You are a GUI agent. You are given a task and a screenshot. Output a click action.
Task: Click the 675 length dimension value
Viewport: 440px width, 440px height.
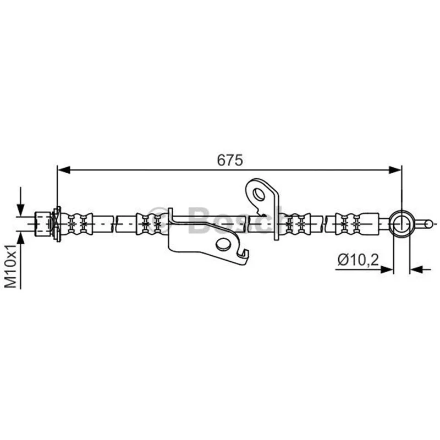point(229,160)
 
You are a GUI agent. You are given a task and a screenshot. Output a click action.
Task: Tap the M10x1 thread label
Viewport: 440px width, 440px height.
point(12,266)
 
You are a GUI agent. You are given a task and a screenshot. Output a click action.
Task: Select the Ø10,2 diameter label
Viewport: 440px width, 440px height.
point(358,260)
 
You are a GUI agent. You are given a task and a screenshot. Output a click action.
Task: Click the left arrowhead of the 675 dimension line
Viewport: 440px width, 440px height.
point(64,170)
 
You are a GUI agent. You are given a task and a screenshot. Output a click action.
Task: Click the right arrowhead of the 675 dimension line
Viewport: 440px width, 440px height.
point(395,170)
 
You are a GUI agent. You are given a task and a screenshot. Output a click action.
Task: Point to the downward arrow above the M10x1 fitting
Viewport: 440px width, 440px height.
point(20,201)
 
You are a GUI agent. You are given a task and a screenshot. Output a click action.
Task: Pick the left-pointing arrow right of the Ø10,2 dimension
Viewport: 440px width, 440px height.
point(420,269)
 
